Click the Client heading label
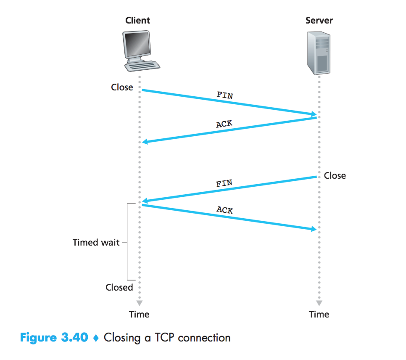[137, 20]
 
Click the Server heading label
[319, 20]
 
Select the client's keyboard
[143, 66]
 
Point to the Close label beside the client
[122, 87]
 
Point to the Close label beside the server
[335, 176]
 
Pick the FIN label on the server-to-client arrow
[224, 183]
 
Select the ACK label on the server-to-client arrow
[224, 124]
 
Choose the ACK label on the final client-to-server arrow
[225, 209]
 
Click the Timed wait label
[96, 242]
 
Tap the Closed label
[119, 287]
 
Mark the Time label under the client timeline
[139, 314]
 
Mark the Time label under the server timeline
[319, 314]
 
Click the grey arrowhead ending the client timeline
[140, 302]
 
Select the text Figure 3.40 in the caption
[54, 337]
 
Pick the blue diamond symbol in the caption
[96, 338]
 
